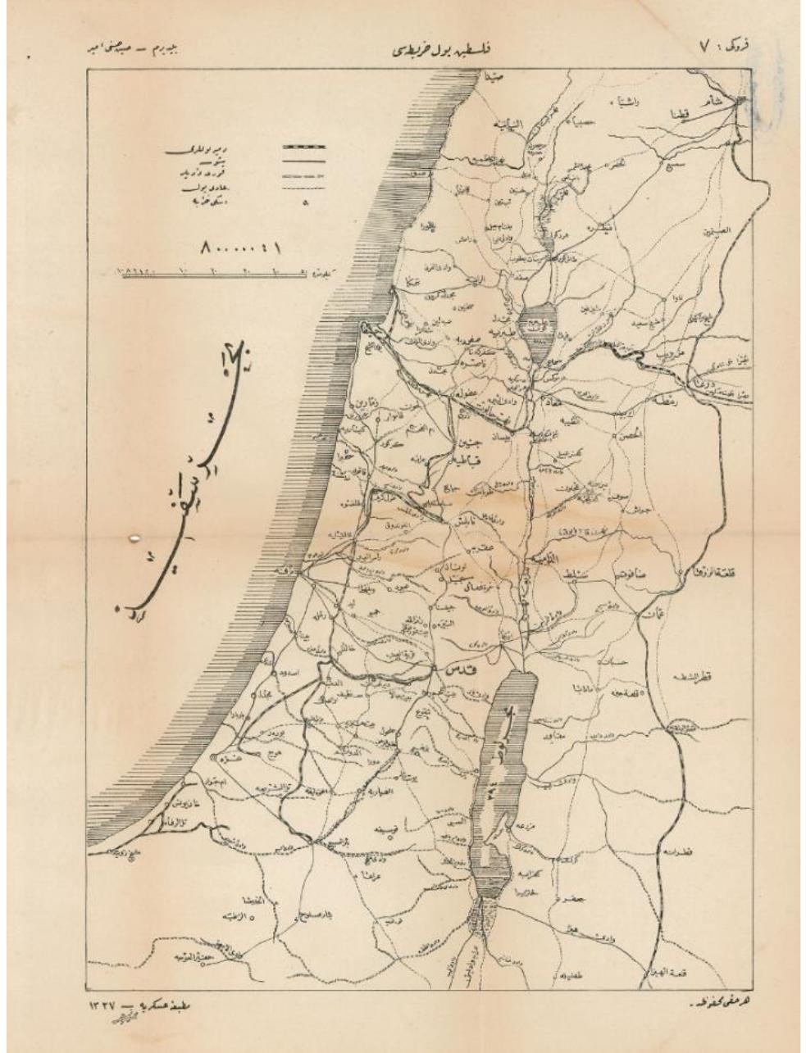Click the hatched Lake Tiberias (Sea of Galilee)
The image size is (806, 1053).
click(x=534, y=326)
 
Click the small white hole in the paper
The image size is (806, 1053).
click(x=134, y=537)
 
